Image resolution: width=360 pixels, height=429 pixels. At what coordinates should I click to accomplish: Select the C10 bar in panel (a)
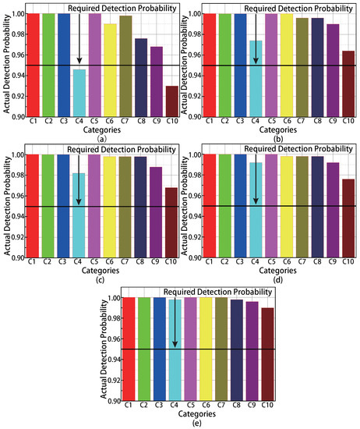coord(171,101)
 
